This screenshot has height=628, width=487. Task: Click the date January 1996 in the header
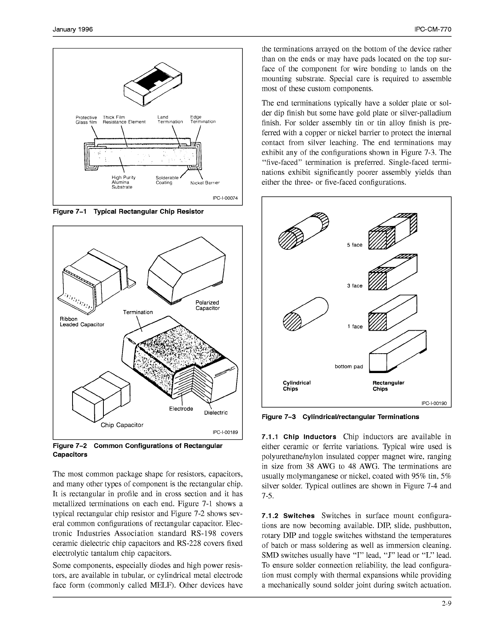(73, 30)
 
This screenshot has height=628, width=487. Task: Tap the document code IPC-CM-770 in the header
(432, 30)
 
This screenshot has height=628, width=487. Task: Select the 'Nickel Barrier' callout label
(205, 183)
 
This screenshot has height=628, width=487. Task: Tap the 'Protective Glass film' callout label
(86, 120)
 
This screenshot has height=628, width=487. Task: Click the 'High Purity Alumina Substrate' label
(123, 182)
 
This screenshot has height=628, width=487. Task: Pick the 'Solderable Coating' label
(167, 180)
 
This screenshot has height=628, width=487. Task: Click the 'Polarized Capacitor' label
(207, 305)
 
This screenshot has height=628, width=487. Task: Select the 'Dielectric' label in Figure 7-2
(216, 413)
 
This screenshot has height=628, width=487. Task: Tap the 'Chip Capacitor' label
(122, 425)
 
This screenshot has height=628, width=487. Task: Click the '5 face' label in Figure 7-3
(355, 245)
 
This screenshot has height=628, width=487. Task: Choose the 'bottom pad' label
(349, 366)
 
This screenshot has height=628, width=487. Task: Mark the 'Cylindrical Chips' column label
(296, 386)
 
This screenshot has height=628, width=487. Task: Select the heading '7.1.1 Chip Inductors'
(299, 437)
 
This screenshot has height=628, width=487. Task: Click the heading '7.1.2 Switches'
(288, 516)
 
